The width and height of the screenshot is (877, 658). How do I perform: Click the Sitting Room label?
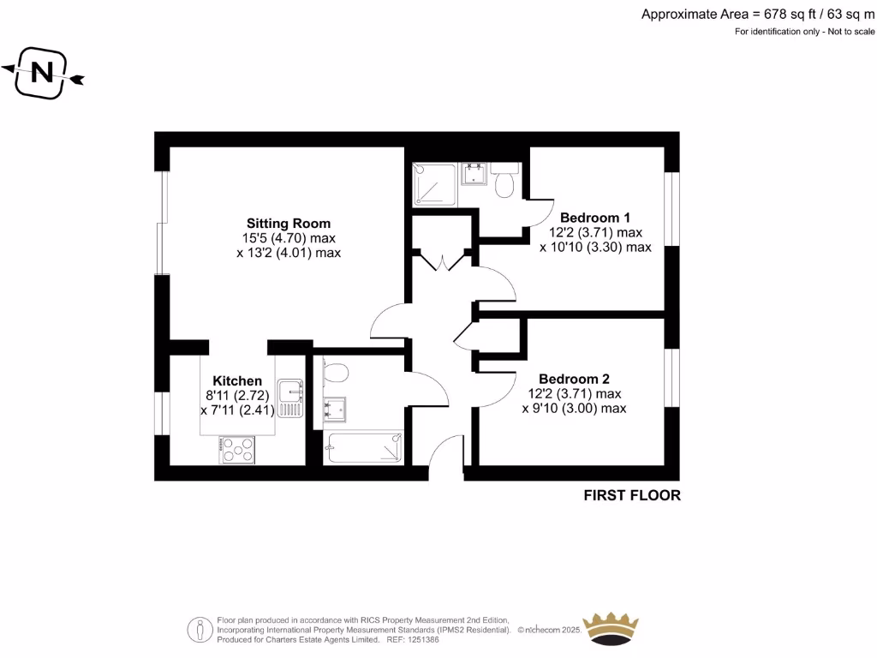tap(288, 223)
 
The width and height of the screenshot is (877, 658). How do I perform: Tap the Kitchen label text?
tap(237, 380)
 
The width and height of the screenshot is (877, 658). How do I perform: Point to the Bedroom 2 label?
tap(574, 379)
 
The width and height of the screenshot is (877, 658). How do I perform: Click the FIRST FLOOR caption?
tap(632, 495)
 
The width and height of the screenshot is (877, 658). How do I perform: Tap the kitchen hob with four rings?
tap(238, 450)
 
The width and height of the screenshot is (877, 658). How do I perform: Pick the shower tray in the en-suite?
tap(433, 183)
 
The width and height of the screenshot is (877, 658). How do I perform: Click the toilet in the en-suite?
tap(504, 182)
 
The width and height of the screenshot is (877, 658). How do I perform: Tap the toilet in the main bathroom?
tap(336, 373)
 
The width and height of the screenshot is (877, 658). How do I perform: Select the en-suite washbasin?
tap(474, 175)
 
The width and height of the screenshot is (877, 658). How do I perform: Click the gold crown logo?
tap(611, 628)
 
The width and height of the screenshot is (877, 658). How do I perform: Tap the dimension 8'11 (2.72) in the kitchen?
tap(237, 396)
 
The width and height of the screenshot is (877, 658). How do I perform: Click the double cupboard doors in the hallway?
tap(442, 260)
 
